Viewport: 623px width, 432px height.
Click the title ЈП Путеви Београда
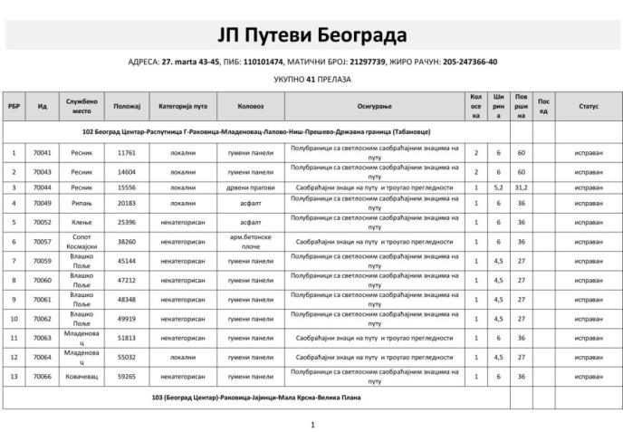coord(311,34)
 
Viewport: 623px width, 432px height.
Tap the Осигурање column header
coord(374,106)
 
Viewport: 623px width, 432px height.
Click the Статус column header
coord(589,106)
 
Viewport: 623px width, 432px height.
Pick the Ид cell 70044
coord(42,187)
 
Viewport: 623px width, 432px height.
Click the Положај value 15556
coord(126,187)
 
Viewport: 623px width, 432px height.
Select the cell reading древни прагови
coord(251,187)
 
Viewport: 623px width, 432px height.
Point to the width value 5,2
coord(499,187)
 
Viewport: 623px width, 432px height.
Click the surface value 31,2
coord(522,187)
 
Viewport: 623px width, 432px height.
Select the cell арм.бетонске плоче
coord(251,242)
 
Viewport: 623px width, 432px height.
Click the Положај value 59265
coord(126,376)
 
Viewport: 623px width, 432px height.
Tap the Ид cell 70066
coord(42,376)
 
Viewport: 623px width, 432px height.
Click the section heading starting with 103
coord(250,397)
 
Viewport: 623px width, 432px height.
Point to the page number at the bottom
coord(311,424)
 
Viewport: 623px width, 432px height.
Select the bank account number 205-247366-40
coord(470,62)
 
